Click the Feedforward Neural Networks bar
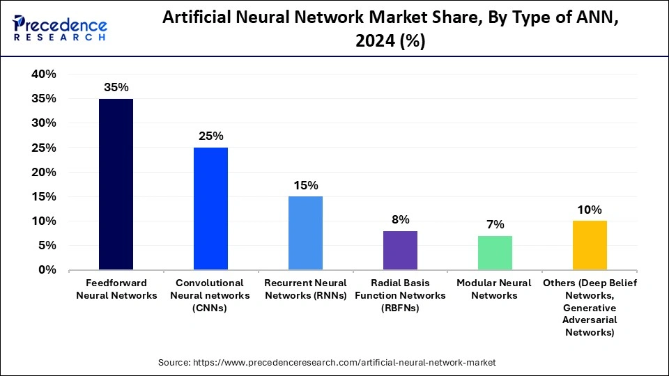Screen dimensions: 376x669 (116, 185)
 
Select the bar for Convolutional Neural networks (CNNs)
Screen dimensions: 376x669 (210, 209)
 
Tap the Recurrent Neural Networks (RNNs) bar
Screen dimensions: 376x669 (305, 233)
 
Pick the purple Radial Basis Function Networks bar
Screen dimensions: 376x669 (400, 251)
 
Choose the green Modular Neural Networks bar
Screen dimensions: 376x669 (495, 253)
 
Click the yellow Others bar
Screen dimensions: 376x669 (590, 245)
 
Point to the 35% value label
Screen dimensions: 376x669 (116, 88)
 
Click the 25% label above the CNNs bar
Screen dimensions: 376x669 (210, 136)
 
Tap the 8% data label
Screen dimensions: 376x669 (400, 219)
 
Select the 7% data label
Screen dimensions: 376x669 (495, 224)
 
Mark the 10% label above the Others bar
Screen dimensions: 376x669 (590, 210)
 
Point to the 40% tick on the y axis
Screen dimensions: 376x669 (44, 75)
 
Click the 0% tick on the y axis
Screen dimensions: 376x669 (47, 270)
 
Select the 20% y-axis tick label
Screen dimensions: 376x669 (44, 172)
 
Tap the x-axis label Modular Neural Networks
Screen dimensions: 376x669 (495, 289)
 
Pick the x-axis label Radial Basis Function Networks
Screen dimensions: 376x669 (400, 295)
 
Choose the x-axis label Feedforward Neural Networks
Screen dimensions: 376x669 (116, 289)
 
